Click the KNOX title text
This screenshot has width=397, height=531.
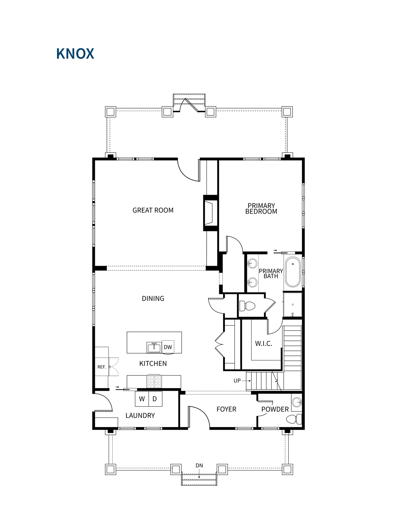pos(75,54)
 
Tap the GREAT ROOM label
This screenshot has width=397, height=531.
pos(153,210)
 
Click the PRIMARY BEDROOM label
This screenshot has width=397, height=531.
pos(261,209)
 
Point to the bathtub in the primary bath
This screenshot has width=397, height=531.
pos(293,272)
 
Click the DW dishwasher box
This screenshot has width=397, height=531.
pos(168,347)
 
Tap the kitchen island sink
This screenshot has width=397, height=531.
pos(154,347)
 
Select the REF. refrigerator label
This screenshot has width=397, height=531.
pos(102,367)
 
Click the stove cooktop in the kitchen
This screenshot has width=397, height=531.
pos(154,382)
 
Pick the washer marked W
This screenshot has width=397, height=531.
pos(142,399)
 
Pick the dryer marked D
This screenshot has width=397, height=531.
pos(155,399)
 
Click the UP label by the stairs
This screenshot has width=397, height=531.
pos(237,381)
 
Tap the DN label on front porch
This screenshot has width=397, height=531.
pos(199,465)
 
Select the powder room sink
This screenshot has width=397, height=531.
pos(297,402)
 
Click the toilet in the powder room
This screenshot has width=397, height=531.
pos(294,419)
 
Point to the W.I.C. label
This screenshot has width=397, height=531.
pos(264,344)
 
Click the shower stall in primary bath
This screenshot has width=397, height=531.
pos(293,305)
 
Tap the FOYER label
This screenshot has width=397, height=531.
pos(226,409)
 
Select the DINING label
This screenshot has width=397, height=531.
pos(153,298)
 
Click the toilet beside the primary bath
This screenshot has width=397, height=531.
pos(247,306)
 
